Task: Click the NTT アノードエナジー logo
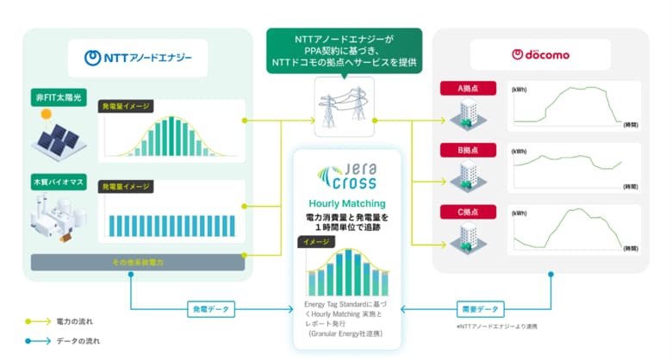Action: (138, 58)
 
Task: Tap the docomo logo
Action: (540, 55)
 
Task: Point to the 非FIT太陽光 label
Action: (57, 97)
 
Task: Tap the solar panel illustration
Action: (58, 133)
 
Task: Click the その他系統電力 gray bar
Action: (134, 261)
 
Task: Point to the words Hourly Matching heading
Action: (345, 204)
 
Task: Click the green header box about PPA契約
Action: (343, 49)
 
